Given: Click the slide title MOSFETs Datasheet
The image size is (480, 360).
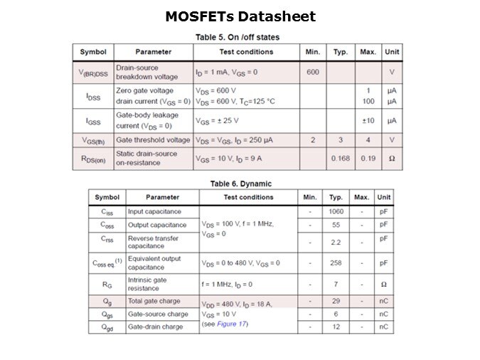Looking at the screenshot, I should coord(240,16).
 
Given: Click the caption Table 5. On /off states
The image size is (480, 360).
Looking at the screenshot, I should coord(237,37).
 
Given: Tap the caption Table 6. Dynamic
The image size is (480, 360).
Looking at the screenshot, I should coord(240,184).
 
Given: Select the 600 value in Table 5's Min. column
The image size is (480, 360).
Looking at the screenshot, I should coord(313,72).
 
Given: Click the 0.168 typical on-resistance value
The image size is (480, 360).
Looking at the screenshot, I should coord(340,158).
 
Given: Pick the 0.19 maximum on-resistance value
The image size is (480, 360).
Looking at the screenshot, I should coord(368,158).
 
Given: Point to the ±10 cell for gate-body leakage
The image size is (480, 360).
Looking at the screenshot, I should coord(368,120).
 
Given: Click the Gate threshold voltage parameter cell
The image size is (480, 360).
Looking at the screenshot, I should coord(153,140).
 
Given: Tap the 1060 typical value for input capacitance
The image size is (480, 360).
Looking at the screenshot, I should coord(336,211).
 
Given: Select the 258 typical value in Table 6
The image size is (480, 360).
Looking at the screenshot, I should coord(336,263).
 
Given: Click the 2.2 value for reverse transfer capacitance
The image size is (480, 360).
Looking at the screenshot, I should coord(336,243).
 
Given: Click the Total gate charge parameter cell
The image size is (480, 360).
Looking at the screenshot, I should coord(154,301).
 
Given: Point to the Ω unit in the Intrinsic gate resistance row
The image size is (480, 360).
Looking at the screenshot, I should coord(384,284).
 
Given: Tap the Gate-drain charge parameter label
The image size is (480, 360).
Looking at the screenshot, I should coord(155,327).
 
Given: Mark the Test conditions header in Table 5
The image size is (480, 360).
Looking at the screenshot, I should coord(246,52).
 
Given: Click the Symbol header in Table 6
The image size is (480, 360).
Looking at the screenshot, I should coord(107,197).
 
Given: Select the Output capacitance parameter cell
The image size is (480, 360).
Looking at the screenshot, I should coord(157,225).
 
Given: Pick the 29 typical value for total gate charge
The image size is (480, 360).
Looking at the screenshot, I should coord(336,301).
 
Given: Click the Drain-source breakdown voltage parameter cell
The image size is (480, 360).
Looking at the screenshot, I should coord(147,72).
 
